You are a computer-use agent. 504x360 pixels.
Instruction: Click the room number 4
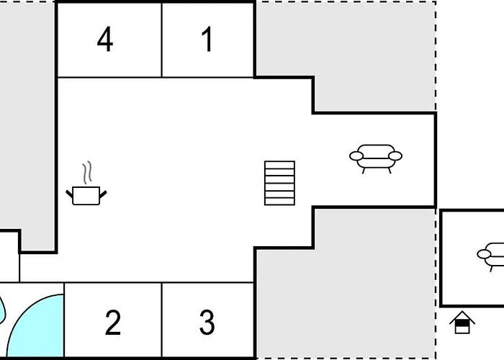[105, 39]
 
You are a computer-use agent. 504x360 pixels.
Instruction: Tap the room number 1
[207, 39]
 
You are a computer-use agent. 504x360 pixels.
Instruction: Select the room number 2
[113, 323]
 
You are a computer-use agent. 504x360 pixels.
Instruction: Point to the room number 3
[207, 323]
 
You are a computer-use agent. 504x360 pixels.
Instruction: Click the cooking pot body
[86, 195]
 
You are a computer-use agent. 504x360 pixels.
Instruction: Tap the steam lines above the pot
[87, 172]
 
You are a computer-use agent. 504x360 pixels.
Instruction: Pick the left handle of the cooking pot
[69, 194]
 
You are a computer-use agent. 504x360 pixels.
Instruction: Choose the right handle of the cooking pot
[103, 194]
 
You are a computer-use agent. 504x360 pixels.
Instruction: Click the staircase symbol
[279, 183]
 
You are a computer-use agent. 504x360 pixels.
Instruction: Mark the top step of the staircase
[279, 165]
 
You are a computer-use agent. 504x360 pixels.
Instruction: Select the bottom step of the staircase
[279, 202]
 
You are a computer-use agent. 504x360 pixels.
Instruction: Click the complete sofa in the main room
[376, 159]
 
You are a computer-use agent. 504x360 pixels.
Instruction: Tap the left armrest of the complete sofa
[356, 156]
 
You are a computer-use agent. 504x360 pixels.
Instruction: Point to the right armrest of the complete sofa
[395, 156]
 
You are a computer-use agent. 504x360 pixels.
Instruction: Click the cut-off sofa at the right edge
[491, 257]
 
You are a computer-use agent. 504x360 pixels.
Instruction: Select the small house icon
[462, 322]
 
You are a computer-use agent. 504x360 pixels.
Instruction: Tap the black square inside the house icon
[462, 323]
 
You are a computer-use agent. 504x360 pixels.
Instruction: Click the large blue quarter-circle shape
[35, 325]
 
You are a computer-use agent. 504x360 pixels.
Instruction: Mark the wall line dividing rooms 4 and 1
[162, 40]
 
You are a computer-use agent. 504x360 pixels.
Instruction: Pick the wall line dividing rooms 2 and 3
[162, 320]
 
